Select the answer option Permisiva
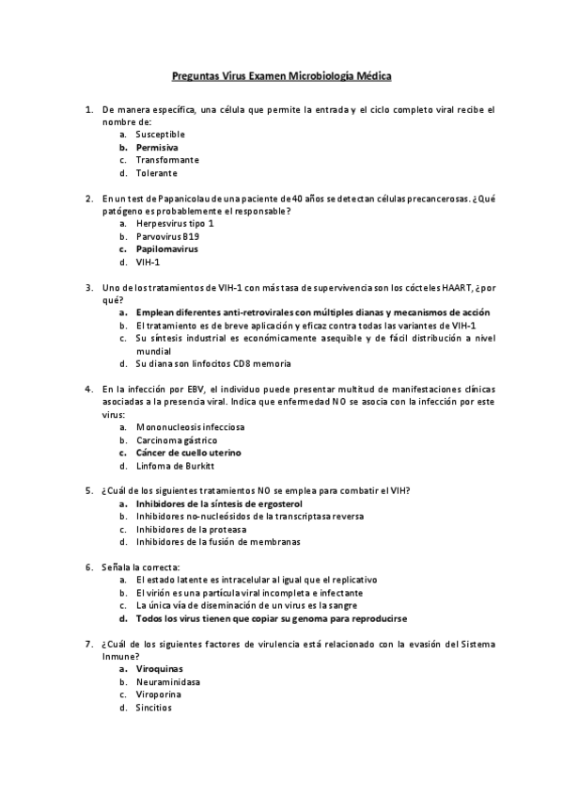click(157, 148)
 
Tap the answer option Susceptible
click(160, 135)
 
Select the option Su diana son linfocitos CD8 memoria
click(213, 363)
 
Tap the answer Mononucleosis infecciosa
click(190, 426)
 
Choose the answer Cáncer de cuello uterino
click(188, 452)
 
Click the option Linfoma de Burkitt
click(176, 465)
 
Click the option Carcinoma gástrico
click(177, 439)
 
